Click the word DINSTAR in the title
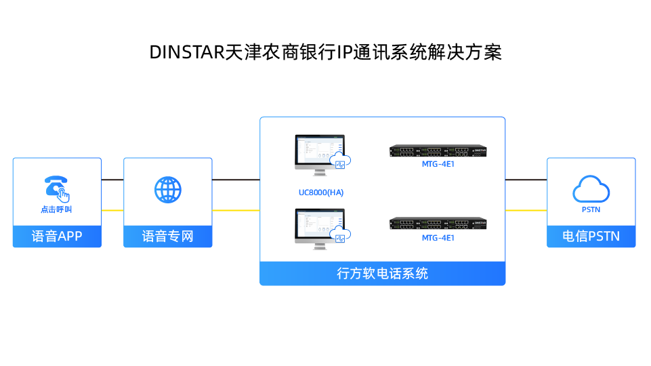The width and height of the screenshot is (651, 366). (186, 52)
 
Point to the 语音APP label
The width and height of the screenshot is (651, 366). (57, 237)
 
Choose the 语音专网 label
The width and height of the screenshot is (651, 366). (168, 237)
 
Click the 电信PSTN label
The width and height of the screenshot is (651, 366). (591, 237)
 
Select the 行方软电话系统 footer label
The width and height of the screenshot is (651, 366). (382, 274)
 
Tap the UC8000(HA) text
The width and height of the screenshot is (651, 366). (321, 192)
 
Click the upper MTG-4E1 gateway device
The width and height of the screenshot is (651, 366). (438, 151)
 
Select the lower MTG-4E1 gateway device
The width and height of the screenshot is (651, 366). (438, 225)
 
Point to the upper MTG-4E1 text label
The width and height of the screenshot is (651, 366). (438, 164)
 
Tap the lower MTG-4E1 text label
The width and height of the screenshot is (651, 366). (438, 238)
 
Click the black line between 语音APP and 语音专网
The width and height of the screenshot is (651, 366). (112, 180)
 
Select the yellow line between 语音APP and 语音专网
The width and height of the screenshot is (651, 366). (112, 210)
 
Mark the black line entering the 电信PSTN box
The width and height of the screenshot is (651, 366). (526, 180)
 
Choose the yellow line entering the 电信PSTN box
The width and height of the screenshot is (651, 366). (526, 210)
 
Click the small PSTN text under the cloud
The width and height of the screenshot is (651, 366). (591, 209)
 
